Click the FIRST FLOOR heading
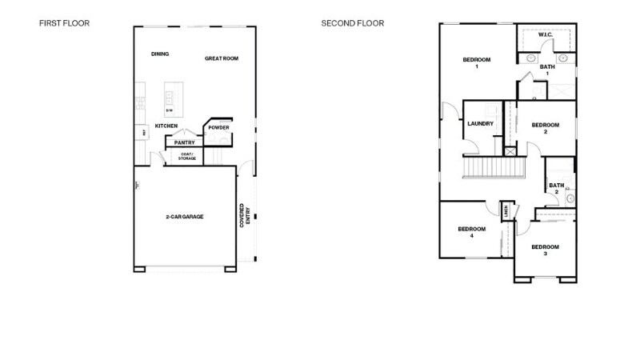tap(64, 23)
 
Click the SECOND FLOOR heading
tap(353, 23)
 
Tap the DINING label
tap(160, 54)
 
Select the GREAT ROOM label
tap(222, 58)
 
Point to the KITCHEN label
tap(166, 126)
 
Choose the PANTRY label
tap(185, 142)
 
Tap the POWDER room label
tap(218, 127)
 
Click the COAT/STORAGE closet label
tap(186, 157)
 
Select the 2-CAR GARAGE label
tap(185, 217)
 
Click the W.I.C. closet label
tap(546, 35)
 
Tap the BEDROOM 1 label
tap(477, 62)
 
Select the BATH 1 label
tap(547, 70)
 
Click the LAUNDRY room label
tap(480, 124)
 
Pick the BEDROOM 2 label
tap(546, 127)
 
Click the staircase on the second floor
tap(493, 167)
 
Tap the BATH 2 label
tap(555, 188)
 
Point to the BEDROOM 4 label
tap(471, 232)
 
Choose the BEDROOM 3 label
tap(545, 250)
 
